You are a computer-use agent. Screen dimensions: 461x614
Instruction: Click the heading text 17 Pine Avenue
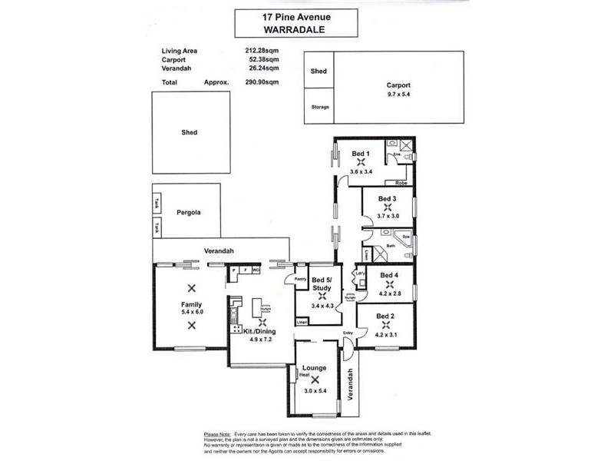coord(295,15)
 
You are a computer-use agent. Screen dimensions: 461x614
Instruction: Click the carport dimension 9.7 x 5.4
coord(398,95)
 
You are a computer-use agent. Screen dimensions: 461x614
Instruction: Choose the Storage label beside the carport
coord(319,107)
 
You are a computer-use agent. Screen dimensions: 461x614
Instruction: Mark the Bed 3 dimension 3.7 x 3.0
coord(388,216)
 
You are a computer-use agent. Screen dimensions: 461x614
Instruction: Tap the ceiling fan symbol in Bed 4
coord(390,284)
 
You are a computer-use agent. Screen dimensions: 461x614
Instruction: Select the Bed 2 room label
coord(386,316)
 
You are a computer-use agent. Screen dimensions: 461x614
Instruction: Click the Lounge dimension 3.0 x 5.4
coord(314,391)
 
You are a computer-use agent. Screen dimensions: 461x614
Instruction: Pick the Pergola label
coord(188,212)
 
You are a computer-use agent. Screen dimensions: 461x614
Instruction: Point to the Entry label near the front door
coord(348,333)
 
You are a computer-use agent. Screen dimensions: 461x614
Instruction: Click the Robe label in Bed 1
coord(401,183)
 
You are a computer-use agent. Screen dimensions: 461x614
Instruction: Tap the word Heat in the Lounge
coord(304,374)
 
